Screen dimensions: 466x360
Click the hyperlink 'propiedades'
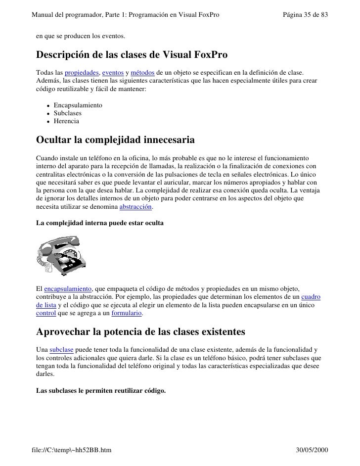tap(82, 73)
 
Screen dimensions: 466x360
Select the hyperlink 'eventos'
tap(111, 73)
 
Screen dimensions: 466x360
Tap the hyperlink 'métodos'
tap(142, 73)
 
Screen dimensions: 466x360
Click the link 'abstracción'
tap(136, 207)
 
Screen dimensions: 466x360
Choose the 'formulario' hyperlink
tap(127, 314)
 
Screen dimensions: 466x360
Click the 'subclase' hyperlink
tap(62, 350)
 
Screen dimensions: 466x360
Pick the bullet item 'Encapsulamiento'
tap(78, 105)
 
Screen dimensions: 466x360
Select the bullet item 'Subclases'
tap(68, 113)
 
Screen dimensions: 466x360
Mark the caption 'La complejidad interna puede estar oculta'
tap(100, 223)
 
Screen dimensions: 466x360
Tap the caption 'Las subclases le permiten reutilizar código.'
tap(101, 390)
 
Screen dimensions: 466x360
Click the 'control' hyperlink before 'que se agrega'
tap(46, 314)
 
